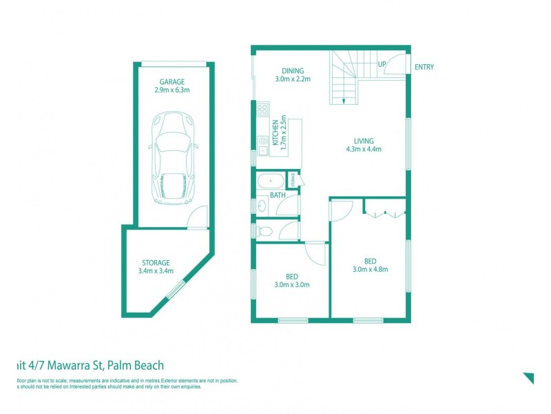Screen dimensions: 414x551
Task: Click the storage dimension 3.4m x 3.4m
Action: tap(156, 270)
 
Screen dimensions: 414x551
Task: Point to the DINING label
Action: tap(293, 70)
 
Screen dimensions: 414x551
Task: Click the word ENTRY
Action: tap(424, 67)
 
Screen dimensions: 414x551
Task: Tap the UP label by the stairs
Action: tap(381, 65)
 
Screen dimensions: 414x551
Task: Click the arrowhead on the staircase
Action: tap(343, 101)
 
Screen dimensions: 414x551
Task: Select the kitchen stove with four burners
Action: tap(262, 109)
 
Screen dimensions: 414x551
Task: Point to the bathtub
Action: tap(269, 182)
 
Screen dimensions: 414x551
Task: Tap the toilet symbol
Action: tap(264, 230)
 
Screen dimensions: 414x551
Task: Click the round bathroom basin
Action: tap(262, 206)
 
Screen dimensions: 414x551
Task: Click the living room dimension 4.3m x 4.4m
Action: tap(364, 149)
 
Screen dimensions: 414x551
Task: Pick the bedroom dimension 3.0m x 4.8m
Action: tap(371, 269)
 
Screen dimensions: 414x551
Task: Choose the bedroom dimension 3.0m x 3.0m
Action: tap(292, 284)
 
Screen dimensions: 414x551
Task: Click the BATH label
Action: tap(278, 196)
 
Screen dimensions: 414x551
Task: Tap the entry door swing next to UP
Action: tap(395, 64)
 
